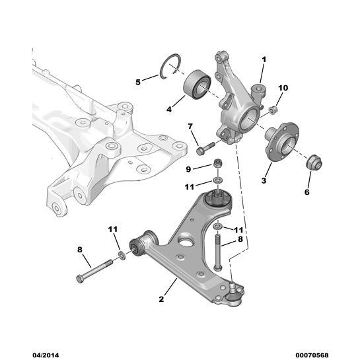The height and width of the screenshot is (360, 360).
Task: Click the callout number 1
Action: coord(264,59)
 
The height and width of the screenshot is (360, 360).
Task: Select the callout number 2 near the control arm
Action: coord(161,299)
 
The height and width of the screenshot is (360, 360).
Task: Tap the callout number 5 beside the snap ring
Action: coord(138,82)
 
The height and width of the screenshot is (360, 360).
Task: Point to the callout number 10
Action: coord(283,88)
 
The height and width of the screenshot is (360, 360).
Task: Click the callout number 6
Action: coord(307,192)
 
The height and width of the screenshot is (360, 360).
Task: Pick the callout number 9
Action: coord(188,169)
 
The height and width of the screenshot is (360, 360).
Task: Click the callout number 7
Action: coord(190,126)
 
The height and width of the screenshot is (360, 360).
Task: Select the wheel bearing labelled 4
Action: coord(197,85)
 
